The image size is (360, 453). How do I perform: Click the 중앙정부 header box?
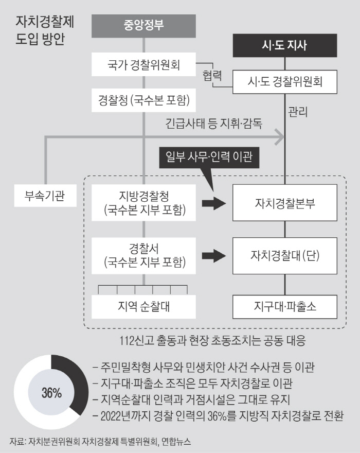pyautogui.click(x=143, y=26)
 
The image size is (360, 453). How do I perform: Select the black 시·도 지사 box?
pyautogui.click(x=284, y=45)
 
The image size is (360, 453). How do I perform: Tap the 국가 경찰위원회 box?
pyautogui.click(x=143, y=64)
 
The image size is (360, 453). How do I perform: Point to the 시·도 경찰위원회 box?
pyautogui.click(x=284, y=82)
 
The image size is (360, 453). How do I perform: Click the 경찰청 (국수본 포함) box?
pyautogui.click(x=143, y=100)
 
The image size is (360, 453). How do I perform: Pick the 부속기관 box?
pyautogui.click(x=45, y=196)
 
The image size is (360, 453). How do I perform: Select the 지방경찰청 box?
pyautogui.click(x=143, y=202)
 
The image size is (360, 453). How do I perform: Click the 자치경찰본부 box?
pyautogui.click(x=284, y=202)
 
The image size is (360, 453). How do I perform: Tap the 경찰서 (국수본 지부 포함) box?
pyautogui.click(x=143, y=256)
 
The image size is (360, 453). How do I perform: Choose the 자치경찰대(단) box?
pyautogui.click(x=284, y=256)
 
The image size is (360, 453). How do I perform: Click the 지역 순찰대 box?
pyautogui.click(x=143, y=306)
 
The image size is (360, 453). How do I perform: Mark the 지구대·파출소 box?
pyautogui.click(x=284, y=306)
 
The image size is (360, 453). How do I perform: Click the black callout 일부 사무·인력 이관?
pyautogui.click(x=209, y=158)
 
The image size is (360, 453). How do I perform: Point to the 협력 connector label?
pyautogui.click(x=212, y=75)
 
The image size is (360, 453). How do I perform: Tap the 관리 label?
pyautogui.click(x=298, y=112)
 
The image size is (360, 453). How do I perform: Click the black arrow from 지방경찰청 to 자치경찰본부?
pyautogui.click(x=213, y=203)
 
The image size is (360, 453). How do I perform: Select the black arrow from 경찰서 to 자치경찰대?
pyautogui.click(x=213, y=256)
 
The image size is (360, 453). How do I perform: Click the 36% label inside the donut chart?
pyautogui.click(x=51, y=393)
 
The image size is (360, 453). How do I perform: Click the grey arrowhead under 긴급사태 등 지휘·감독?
pyautogui.click(x=279, y=137)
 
